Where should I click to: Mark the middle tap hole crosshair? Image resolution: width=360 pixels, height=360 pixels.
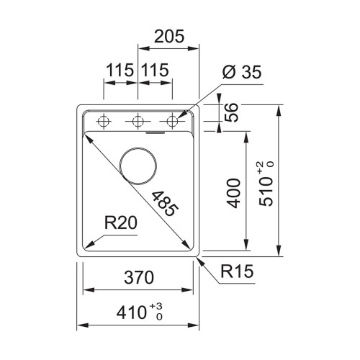[x=137, y=121]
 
